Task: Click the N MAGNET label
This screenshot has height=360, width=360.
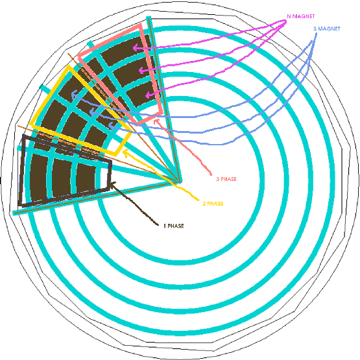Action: pyautogui.click(x=301, y=16)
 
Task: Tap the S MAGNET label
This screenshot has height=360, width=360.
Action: pyautogui.click(x=327, y=29)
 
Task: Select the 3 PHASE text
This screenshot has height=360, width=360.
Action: pyautogui.click(x=226, y=179)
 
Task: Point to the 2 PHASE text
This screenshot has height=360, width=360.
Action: pyautogui.click(x=213, y=204)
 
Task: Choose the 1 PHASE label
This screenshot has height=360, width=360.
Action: pyautogui.click(x=174, y=226)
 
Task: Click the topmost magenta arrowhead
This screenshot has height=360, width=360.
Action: pyautogui.click(x=136, y=48)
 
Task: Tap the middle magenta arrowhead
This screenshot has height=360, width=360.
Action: pyautogui.click(x=142, y=70)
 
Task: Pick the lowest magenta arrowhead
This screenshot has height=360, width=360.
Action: pyautogui.click(x=149, y=95)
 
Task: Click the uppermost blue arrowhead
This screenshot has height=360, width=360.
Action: pyautogui.click(x=74, y=94)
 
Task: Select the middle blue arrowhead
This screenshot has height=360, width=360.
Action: pyautogui.click(x=91, y=112)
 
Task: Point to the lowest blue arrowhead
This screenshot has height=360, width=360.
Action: pyautogui.click(x=111, y=126)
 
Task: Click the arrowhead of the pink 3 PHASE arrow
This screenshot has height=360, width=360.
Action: pyautogui.click(x=156, y=121)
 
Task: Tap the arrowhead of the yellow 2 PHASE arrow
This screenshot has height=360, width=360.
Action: pyautogui.click(x=126, y=152)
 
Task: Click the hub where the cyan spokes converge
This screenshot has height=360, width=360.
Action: pyautogui.click(x=178, y=182)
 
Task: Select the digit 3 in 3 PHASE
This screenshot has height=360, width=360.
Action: pyautogui.click(x=218, y=179)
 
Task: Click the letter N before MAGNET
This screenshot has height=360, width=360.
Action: pyautogui.click(x=289, y=16)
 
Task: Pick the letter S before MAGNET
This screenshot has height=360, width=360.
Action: pyautogui.click(x=315, y=29)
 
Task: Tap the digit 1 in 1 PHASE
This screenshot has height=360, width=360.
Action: pyautogui.click(x=165, y=226)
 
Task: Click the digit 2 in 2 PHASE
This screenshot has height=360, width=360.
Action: pyautogui.click(x=204, y=204)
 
